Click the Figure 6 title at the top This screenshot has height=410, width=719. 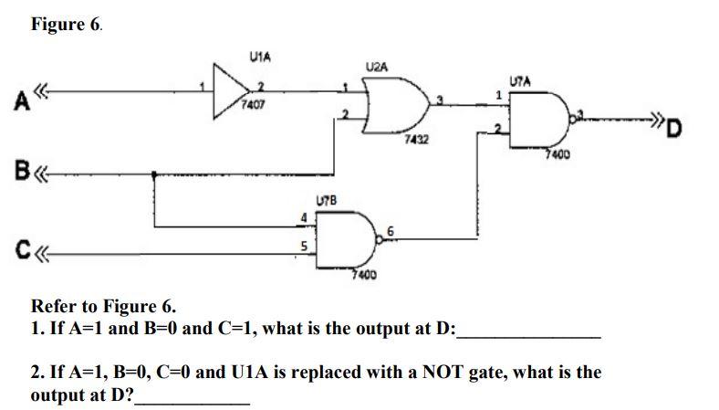[67, 25]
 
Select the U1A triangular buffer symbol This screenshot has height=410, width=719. [230, 88]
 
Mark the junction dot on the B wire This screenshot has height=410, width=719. [153, 173]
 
